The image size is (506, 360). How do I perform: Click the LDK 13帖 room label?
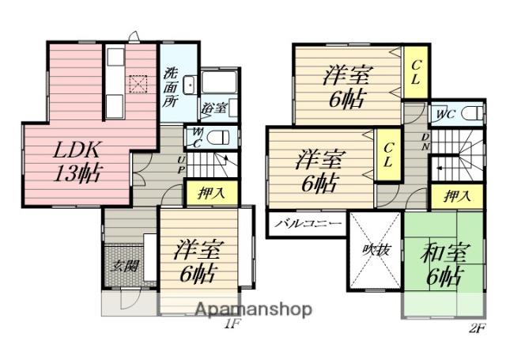click(77, 161)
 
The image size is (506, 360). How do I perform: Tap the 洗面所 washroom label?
click(170, 87)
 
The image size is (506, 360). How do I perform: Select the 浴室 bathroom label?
click(214, 108)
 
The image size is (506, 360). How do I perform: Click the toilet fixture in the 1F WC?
click(218, 138)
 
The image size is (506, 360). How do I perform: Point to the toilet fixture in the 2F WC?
click(472, 114)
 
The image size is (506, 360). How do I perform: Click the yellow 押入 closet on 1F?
click(212, 193)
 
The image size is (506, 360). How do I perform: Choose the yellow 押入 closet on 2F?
click(458, 196)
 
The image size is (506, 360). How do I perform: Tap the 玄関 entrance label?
click(125, 267)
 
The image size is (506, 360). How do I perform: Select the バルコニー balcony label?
click(308, 223)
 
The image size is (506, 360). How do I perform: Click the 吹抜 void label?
click(376, 249)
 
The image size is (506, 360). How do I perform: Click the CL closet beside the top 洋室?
click(416, 72)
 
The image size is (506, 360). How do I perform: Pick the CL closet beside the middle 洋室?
click(388, 155)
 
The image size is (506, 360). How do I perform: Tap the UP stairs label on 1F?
click(181, 165)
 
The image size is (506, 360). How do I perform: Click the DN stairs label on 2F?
click(425, 142)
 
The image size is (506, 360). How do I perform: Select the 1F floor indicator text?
click(231, 323)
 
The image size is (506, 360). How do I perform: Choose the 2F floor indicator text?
click(476, 328)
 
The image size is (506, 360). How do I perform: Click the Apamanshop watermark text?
click(254, 309)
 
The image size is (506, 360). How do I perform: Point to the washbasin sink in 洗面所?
click(190, 85)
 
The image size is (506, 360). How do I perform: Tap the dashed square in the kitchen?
click(138, 85)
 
